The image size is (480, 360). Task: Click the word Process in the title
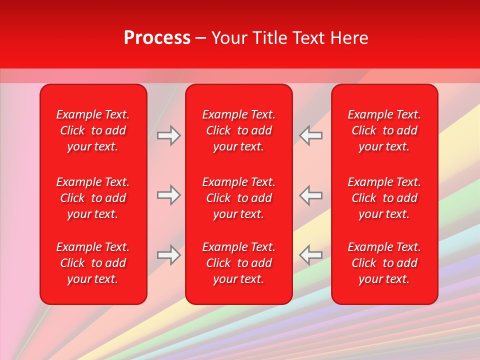pyautogui.click(x=157, y=38)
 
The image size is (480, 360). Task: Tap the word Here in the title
pyautogui.click(x=349, y=38)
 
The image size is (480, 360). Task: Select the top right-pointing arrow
pyautogui.click(x=169, y=135)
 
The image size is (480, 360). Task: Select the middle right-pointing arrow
pyautogui.click(x=169, y=195)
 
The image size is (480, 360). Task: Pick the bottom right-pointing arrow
pyautogui.click(x=169, y=255)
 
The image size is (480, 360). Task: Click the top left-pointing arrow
pyautogui.click(x=310, y=135)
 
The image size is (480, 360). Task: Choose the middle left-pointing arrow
pyautogui.click(x=310, y=195)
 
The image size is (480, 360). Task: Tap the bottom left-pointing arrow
pyautogui.click(x=310, y=255)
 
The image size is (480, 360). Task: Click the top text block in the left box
pyautogui.click(x=93, y=130)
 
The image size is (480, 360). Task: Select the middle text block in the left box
pyautogui.click(x=93, y=198)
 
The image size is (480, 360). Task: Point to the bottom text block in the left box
pyautogui.click(x=93, y=263)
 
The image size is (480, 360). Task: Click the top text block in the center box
pyautogui.click(x=238, y=130)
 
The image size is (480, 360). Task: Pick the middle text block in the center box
pyautogui.click(x=238, y=198)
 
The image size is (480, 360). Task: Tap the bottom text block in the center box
pyautogui.click(x=238, y=263)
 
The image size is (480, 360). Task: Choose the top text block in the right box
pyautogui.click(x=384, y=130)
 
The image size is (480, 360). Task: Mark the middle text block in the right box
pyautogui.click(x=384, y=198)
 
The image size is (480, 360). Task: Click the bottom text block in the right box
pyautogui.click(x=384, y=263)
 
